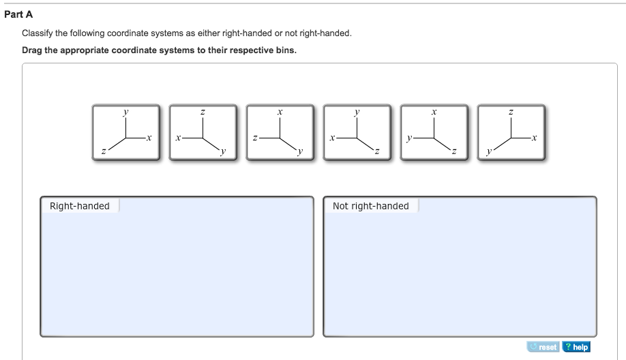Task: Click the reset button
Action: pyautogui.click(x=543, y=347)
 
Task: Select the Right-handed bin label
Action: pyautogui.click(x=80, y=206)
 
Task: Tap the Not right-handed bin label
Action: pyautogui.click(x=370, y=206)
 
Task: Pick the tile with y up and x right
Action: pyautogui.click(x=125, y=132)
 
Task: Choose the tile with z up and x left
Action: pyautogui.click(x=203, y=132)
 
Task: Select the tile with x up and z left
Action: pyautogui.click(x=280, y=132)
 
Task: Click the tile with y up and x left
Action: pyautogui.click(x=357, y=132)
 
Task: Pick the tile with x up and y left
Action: pyautogui.click(x=434, y=132)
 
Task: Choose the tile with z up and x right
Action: pyautogui.click(x=511, y=132)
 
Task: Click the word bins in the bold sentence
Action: pyautogui.click(x=284, y=50)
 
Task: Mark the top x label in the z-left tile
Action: pyautogui.click(x=280, y=111)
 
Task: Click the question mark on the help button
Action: pyautogui.click(x=567, y=347)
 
